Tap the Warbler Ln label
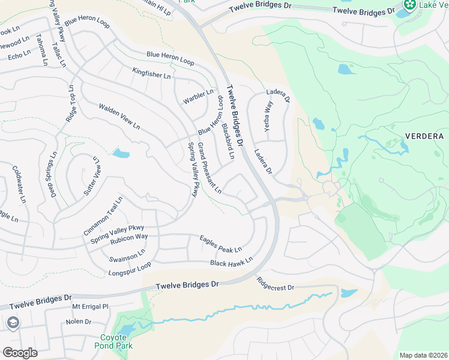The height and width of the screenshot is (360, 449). point(198,97)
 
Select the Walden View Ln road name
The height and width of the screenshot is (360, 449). point(119,117)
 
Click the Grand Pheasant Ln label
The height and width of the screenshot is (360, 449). point(209,169)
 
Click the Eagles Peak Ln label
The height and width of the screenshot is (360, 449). point(220,244)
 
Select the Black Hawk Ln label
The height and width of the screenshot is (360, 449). point(231,262)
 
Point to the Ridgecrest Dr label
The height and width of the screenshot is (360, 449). point(275,284)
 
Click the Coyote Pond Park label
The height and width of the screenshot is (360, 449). point(113,341)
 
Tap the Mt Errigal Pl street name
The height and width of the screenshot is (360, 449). point(89,307)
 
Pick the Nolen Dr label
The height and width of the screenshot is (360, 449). point(79,322)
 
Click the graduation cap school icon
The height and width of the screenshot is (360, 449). point(11,323)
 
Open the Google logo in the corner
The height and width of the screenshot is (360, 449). point(20,353)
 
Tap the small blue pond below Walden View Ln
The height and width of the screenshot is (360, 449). point(120,153)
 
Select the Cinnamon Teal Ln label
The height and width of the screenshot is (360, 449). point(103,215)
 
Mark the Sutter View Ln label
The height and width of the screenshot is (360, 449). point(91,176)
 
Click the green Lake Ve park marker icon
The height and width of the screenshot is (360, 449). point(411,5)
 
